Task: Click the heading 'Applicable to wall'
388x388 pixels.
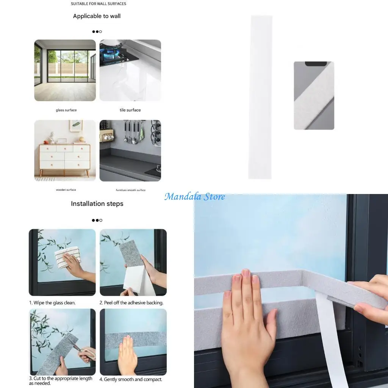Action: point(97,16)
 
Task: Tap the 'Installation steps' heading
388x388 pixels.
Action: point(97,204)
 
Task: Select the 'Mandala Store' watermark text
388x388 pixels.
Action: point(195,197)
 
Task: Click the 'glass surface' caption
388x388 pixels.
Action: point(66,110)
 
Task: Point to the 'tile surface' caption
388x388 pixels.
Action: point(130,110)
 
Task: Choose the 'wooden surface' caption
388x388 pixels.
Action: point(66,190)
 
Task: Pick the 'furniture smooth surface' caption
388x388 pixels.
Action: point(130,190)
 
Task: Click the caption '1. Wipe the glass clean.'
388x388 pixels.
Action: point(52,303)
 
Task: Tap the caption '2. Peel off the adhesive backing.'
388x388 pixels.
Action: point(131,303)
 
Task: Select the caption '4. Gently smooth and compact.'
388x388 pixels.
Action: point(131,379)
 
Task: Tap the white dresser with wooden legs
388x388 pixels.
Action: point(65,157)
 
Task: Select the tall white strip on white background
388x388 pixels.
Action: point(260,97)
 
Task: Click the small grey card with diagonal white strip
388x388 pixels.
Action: point(314,95)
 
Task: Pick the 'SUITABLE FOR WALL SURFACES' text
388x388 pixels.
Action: point(99,4)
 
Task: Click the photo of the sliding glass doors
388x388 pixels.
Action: point(65,70)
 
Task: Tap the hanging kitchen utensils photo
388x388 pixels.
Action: point(130,151)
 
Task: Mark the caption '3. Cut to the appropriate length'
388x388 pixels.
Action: point(61,379)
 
